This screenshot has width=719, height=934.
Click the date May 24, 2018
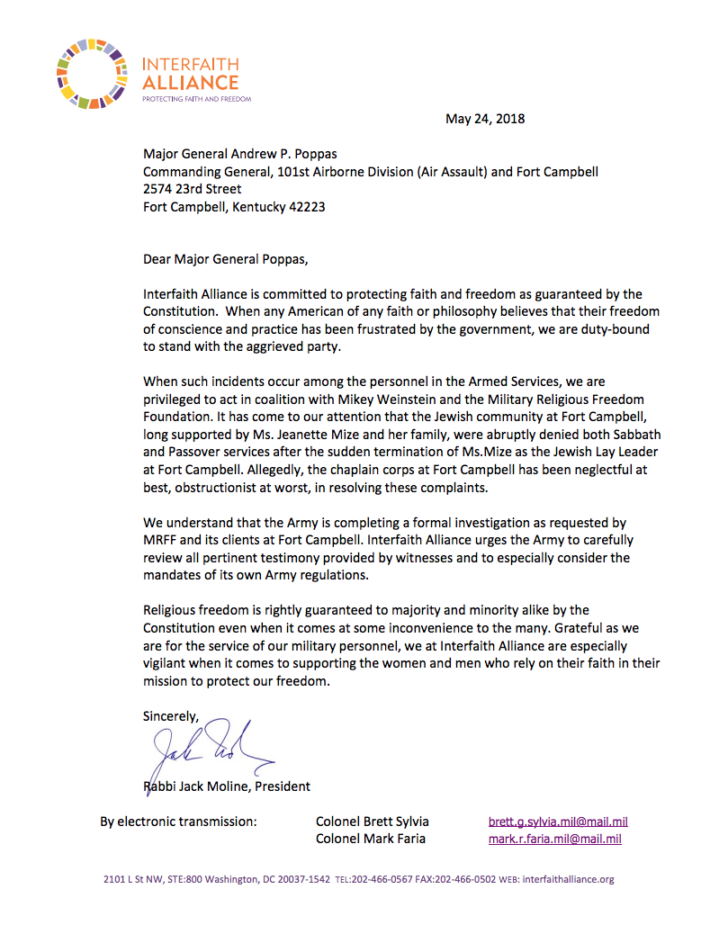coord(485,119)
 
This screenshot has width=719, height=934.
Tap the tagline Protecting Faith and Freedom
coord(196,99)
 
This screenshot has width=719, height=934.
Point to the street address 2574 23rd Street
coord(193,189)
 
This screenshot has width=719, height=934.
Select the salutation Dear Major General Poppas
coord(225,260)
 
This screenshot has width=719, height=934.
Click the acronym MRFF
coord(162,540)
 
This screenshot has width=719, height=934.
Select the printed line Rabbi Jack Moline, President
coord(227,786)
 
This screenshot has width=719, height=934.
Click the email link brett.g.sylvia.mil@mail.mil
coord(558,822)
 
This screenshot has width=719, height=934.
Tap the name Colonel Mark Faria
coord(371,839)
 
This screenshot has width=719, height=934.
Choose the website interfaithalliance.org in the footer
coord(568,879)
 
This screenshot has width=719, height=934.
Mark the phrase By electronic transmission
coord(178,822)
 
